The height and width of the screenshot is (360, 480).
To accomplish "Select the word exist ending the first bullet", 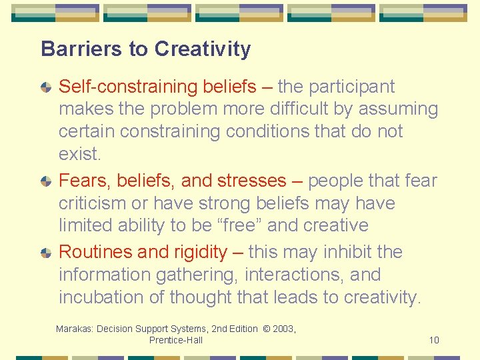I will [78, 154].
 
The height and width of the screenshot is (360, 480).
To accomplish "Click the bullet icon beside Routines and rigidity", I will [46, 253].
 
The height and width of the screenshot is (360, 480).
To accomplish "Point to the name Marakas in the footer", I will [74, 329].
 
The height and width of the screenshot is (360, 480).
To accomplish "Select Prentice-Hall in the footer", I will [175, 340].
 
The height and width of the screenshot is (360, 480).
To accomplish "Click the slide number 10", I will [434, 340].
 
